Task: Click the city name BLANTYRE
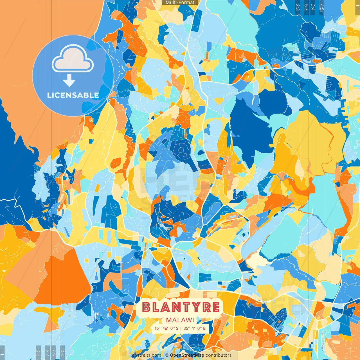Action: [181, 307]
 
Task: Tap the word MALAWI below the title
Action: [180, 320]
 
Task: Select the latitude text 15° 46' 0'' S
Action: [166, 328]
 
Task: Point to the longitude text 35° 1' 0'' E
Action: [195, 328]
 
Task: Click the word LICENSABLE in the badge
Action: [73, 95]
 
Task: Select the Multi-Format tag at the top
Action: [180, 3]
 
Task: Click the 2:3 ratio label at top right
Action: [297, 7]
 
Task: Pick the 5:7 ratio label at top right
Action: [306, 7]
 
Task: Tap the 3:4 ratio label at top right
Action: [313, 7]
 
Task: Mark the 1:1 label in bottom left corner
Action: [2, 353]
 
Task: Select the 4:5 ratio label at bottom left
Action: [38, 353]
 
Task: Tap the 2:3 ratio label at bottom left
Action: [62, 353]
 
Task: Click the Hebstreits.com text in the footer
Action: [145, 355]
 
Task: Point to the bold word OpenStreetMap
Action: [187, 355]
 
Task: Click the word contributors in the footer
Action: [219, 355]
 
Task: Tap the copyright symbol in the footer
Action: [166, 355]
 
